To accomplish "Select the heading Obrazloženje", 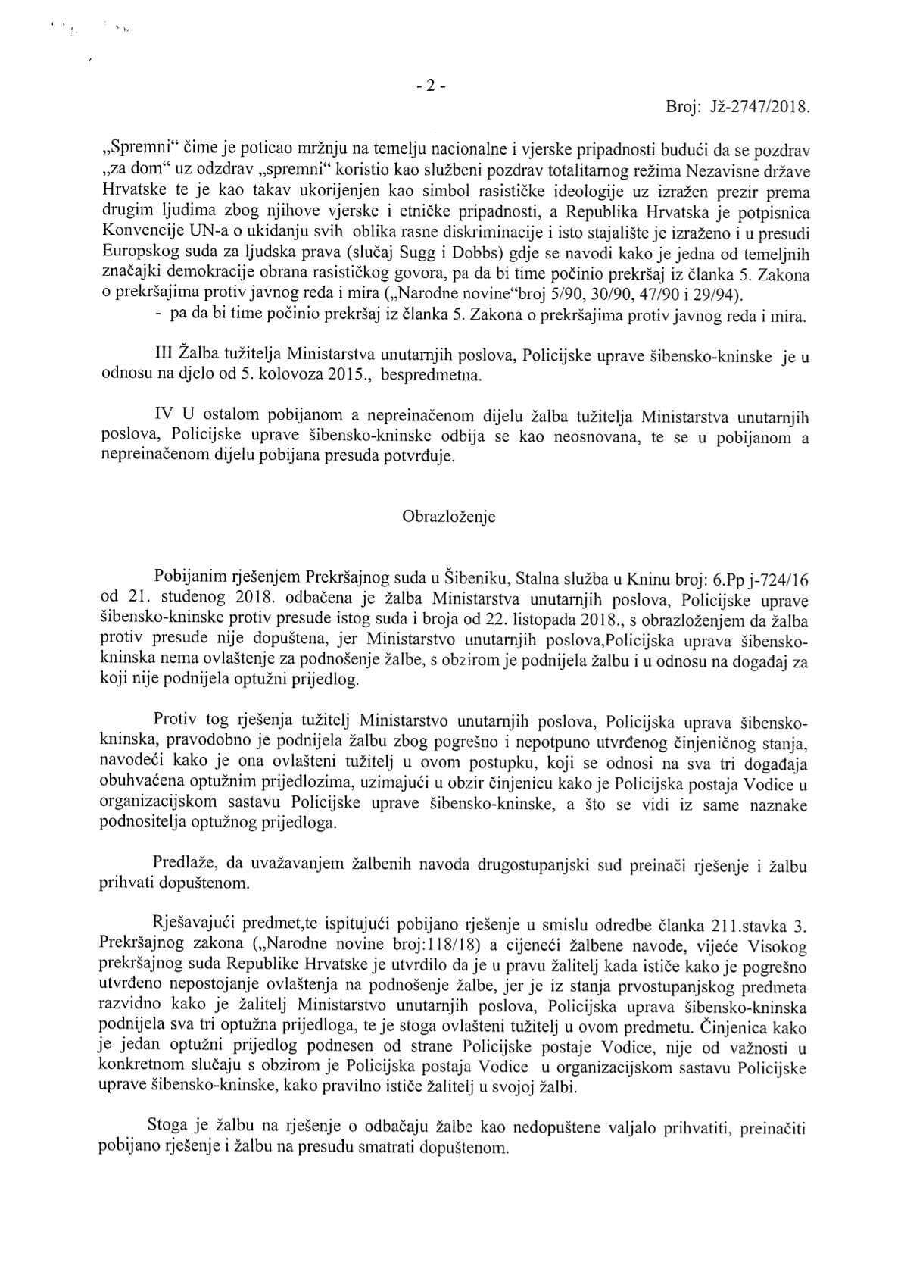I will tap(449, 517).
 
